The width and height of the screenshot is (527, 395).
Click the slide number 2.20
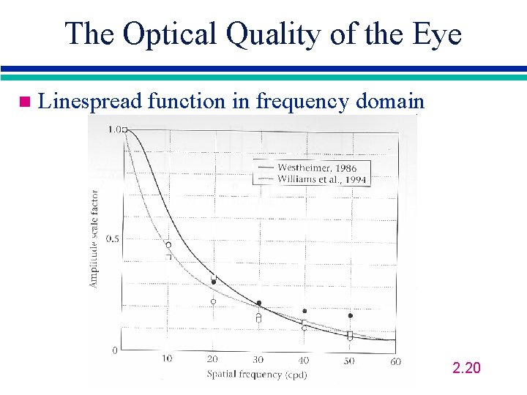(x=466, y=367)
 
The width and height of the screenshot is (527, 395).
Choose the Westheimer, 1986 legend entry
(x=316, y=168)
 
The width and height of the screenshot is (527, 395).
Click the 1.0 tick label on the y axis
(x=114, y=129)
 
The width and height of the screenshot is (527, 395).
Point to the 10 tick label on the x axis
(x=167, y=359)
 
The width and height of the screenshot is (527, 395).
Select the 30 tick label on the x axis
(x=258, y=359)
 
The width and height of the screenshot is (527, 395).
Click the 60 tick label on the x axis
(x=395, y=360)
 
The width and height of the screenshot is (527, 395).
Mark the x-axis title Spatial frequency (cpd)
(x=256, y=375)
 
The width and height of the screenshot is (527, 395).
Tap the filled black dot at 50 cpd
(x=350, y=316)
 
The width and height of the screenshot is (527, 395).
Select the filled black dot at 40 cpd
(x=304, y=311)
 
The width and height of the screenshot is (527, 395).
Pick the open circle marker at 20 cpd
(x=213, y=301)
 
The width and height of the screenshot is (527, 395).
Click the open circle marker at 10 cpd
(x=168, y=245)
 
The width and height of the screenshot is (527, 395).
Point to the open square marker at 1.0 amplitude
(x=125, y=129)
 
